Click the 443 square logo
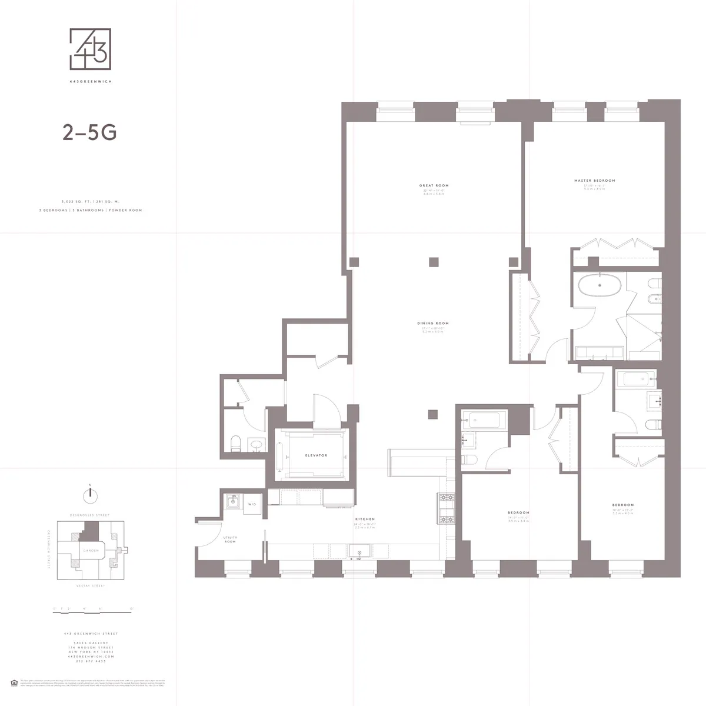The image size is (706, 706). (90, 49)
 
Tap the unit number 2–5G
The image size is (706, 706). (89, 133)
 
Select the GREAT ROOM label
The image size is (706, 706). (434, 186)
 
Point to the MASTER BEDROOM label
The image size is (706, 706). (594, 181)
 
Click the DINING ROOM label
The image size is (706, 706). (433, 324)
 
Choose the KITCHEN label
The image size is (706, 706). (365, 519)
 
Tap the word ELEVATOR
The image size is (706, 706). (316, 455)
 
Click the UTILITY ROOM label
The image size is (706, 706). (230, 539)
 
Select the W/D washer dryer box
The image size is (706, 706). (252, 504)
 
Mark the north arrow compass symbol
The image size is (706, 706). (90, 494)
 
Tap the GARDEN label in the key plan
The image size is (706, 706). (91, 551)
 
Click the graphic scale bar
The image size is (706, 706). (92, 612)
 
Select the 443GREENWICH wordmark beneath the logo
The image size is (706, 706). (90, 82)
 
